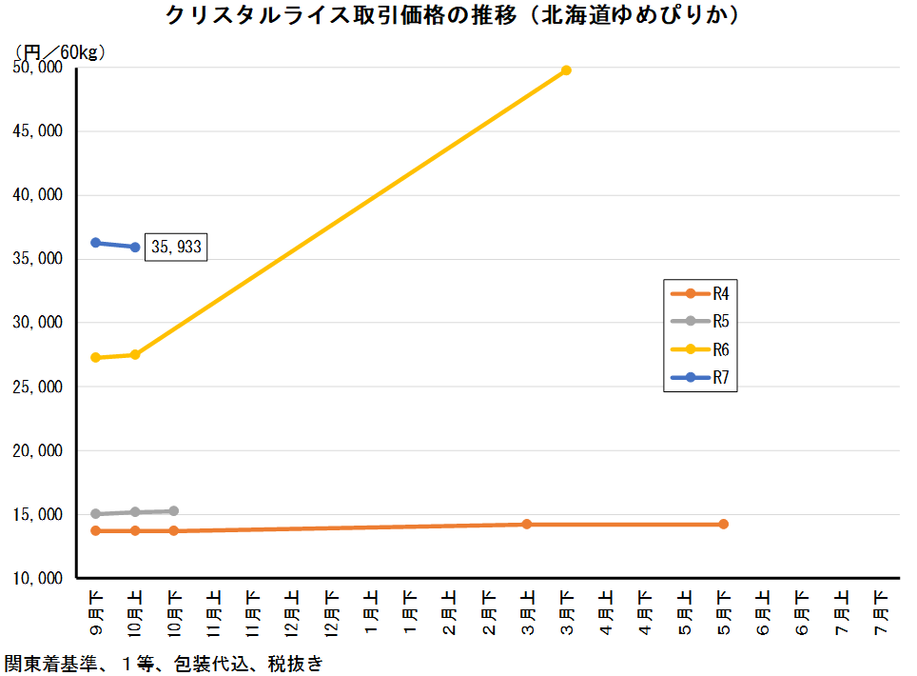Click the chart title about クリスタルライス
click(x=453, y=16)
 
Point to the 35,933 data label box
click(x=176, y=248)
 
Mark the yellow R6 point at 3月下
click(x=566, y=70)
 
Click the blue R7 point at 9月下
click(x=95, y=243)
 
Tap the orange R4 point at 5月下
click(x=723, y=525)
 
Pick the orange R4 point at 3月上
click(x=526, y=525)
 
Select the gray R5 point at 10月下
click(x=174, y=511)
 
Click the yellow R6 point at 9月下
click(x=95, y=357)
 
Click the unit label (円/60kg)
click(x=59, y=51)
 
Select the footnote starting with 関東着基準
click(x=163, y=664)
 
